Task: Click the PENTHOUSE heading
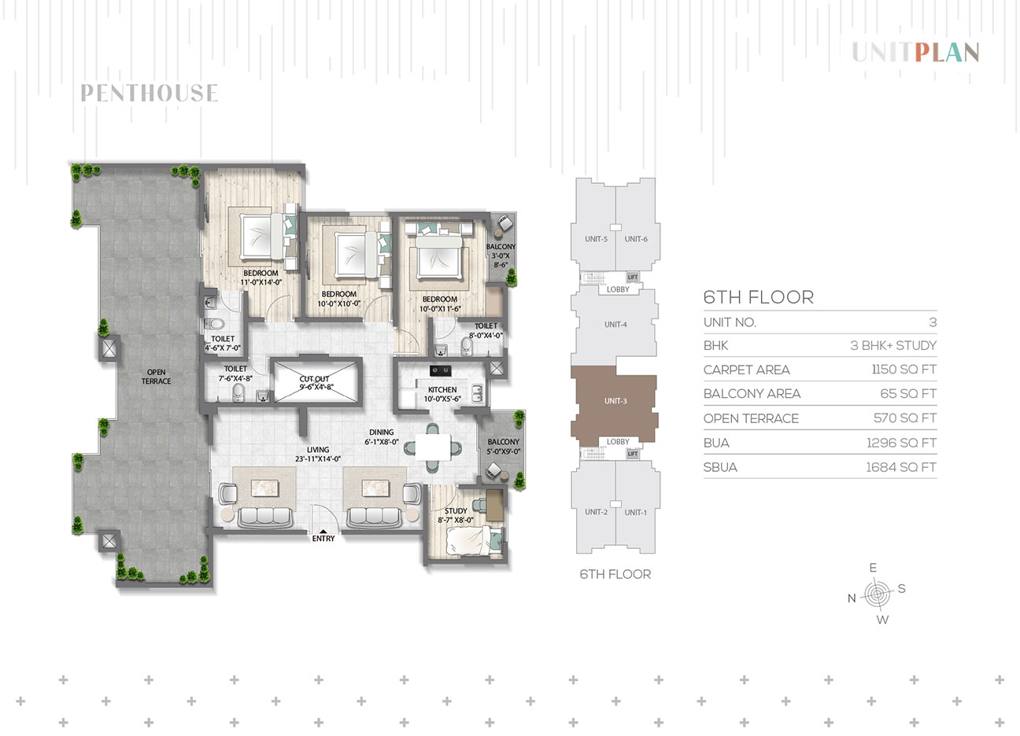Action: coord(150,93)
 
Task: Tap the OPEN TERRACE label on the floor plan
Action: coord(156,377)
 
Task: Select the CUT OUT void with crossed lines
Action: coord(316,381)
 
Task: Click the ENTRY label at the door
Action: coord(323,538)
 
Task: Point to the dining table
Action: coord(433,447)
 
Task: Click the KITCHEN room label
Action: coord(442,390)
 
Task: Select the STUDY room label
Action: coord(456,511)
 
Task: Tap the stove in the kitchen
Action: coord(440,370)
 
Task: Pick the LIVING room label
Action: coord(318,450)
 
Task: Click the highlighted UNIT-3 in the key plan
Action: coord(615,401)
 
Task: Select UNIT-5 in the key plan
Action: coord(596,239)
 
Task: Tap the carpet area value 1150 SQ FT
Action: coord(904,370)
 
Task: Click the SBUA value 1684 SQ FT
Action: coord(901,467)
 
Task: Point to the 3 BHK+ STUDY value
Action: coord(893,346)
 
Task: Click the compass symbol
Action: coord(878,594)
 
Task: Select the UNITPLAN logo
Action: coord(915,53)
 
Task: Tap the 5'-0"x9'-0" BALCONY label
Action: coord(503,447)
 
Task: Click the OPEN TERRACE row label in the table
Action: coord(751,418)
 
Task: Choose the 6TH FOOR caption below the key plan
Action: coord(615,574)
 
